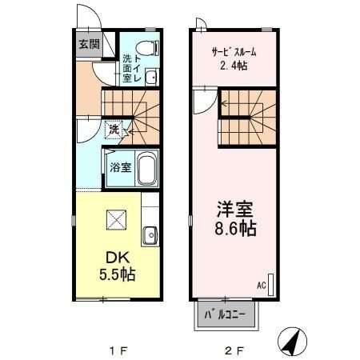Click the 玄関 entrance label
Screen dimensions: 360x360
point(89,44)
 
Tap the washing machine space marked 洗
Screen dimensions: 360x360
point(114,129)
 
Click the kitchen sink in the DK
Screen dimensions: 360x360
point(149,235)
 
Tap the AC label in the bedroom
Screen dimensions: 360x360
point(261,284)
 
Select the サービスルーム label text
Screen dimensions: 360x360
point(234,52)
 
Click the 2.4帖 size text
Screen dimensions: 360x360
point(234,66)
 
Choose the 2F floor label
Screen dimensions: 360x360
point(233,350)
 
